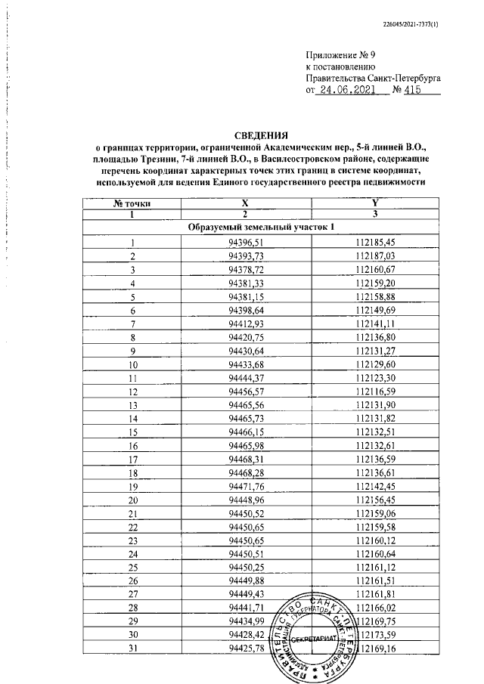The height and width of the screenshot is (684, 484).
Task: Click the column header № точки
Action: (x=132, y=203)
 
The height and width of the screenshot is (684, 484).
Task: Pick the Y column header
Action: (x=375, y=203)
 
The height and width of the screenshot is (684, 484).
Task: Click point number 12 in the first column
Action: (x=132, y=392)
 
